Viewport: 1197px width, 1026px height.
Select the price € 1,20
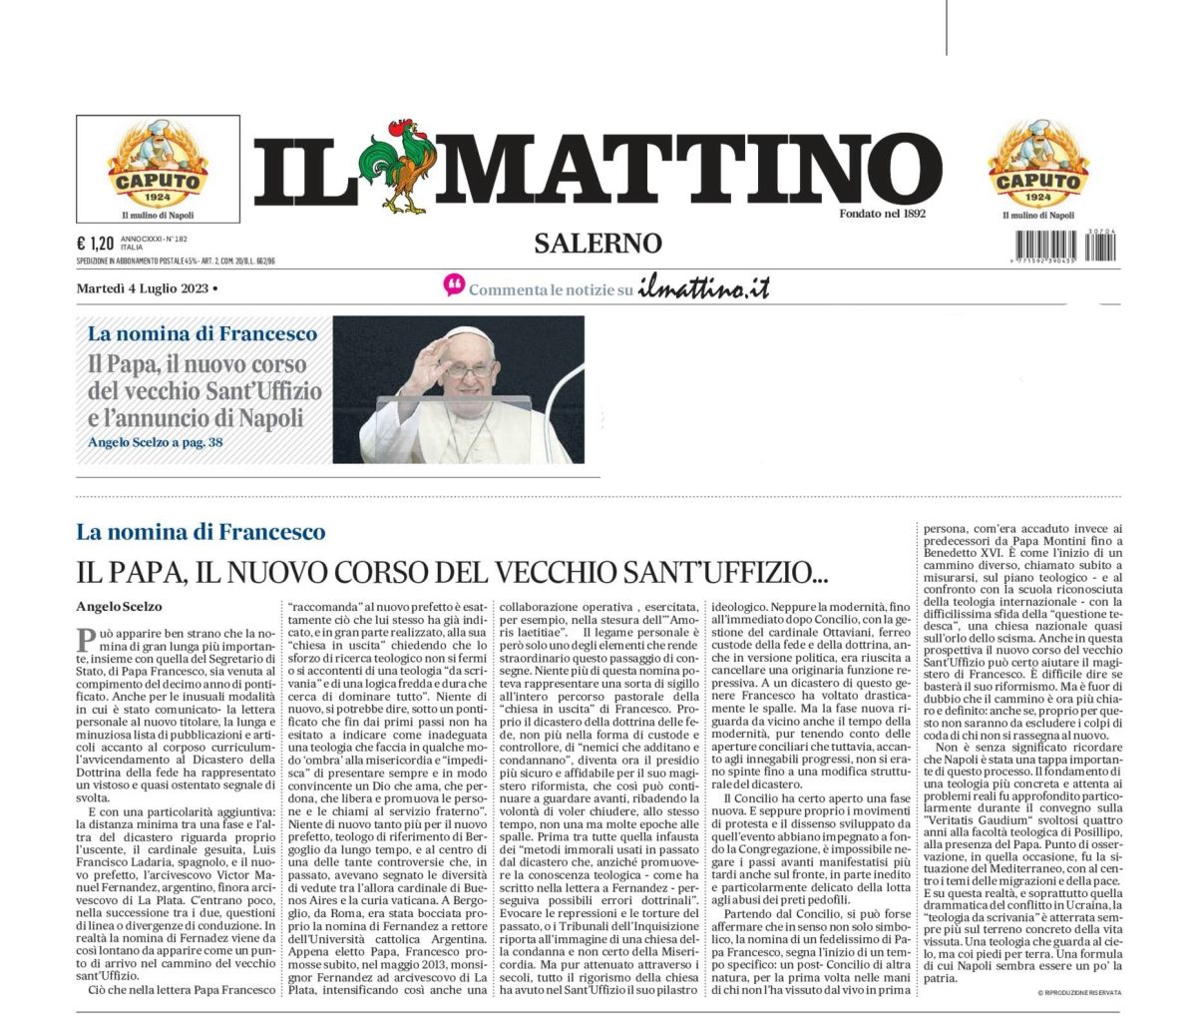[95, 243]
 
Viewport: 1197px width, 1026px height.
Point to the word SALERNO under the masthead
[598, 243]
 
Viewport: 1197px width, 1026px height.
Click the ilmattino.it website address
[704, 288]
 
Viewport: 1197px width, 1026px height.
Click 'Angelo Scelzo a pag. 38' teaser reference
[155, 441]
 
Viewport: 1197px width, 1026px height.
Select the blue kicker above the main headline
[200, 531]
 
